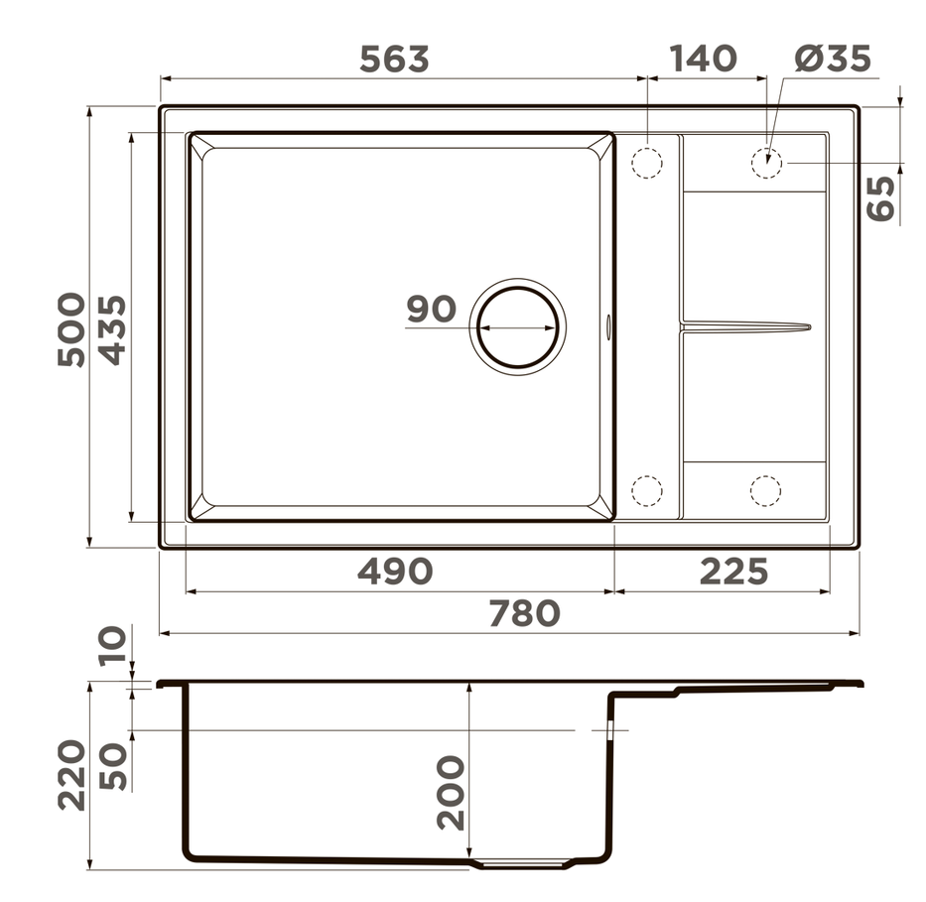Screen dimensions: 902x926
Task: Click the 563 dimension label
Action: point(394,60)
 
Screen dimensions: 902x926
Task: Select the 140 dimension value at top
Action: point(703,60)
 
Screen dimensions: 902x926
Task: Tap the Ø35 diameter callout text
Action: point(832,60)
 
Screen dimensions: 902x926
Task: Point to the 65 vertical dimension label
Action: point(881,197)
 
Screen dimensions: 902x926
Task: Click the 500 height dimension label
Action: point(71,329)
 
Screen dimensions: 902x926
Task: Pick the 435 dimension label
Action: point(111,329)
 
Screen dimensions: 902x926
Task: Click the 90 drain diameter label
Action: point(431,310)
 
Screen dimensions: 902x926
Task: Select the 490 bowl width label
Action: point(395,572)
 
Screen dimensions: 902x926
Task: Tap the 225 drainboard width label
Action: point(733,572)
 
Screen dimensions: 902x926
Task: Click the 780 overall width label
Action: point(524,614)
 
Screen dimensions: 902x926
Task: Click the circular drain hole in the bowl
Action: point(517,325)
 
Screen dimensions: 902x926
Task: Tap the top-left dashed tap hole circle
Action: point(646,162)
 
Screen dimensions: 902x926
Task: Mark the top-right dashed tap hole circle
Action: point(765,162)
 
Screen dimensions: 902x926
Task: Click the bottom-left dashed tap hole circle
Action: point(646,490)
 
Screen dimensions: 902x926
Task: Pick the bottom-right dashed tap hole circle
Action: point(765,490)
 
